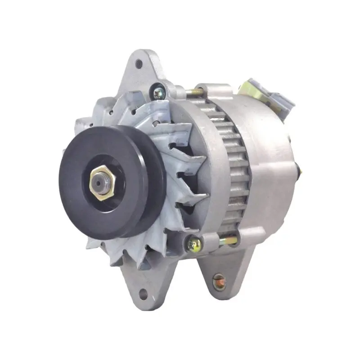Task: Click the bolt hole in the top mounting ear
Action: (x=139, y=63)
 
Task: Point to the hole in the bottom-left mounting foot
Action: (x=143, y=296)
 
